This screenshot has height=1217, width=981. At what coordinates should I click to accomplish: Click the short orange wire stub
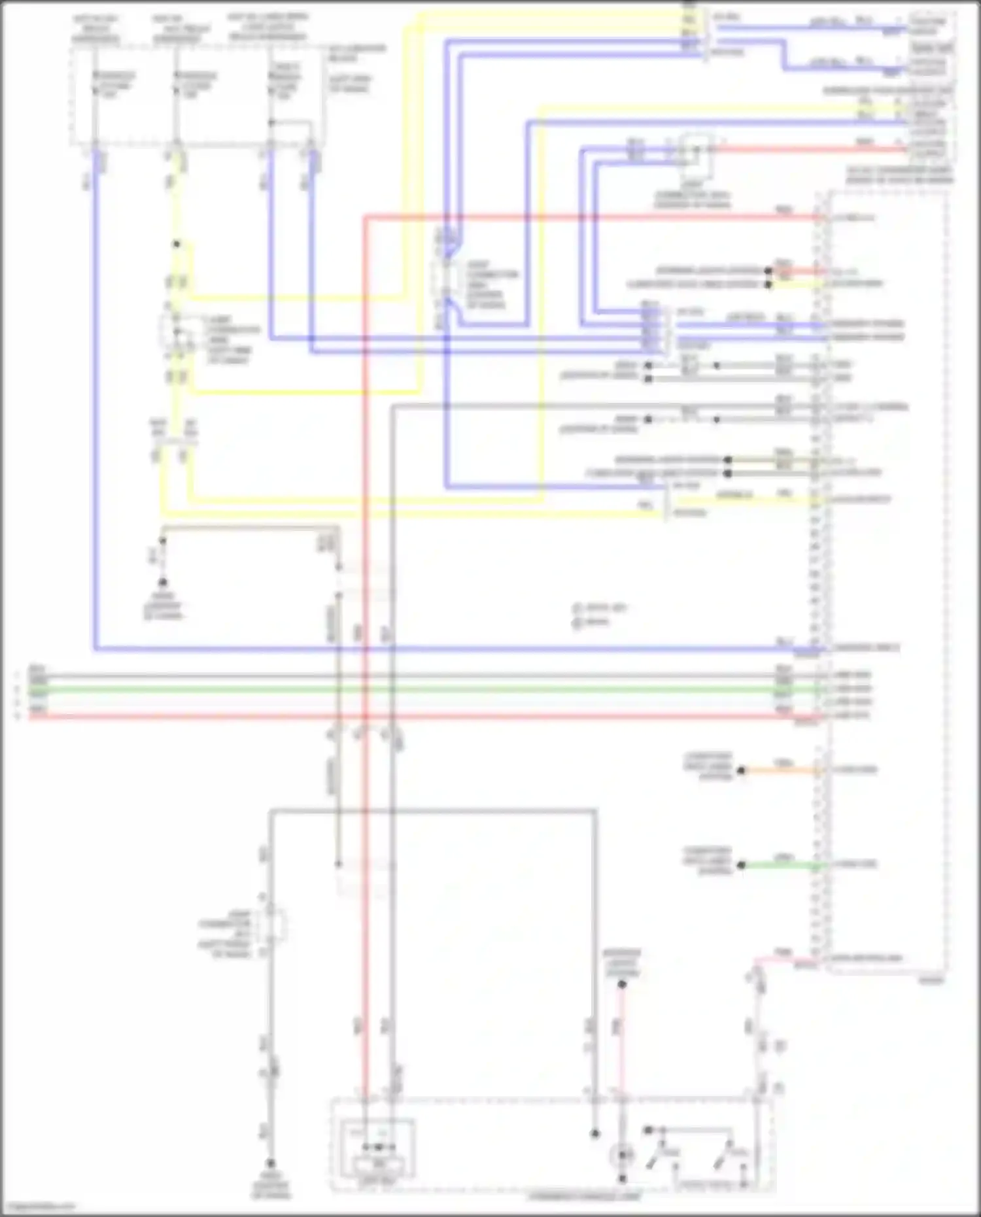778,770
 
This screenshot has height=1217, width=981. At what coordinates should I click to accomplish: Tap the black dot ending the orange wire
741,770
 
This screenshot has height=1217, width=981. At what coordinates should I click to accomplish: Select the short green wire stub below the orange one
778,865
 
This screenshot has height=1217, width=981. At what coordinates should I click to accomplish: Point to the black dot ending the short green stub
741,865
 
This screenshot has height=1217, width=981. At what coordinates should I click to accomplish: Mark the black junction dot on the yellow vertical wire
176,245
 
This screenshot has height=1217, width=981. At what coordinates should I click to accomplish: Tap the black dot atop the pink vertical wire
622,984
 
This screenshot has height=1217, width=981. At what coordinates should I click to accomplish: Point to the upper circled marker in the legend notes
577,608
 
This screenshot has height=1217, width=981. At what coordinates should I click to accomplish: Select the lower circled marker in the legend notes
577,623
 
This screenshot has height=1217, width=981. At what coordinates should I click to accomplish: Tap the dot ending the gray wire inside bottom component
594,1133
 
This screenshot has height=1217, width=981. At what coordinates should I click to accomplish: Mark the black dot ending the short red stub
768,271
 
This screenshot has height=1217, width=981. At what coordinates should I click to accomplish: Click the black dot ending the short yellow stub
768,284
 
